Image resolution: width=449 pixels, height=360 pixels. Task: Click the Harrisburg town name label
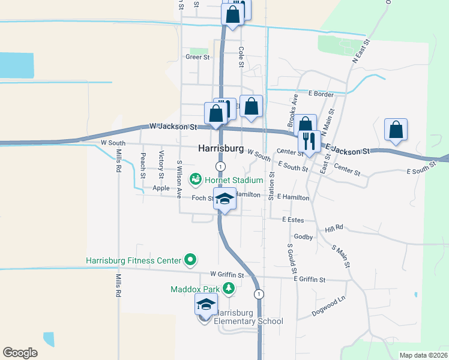(221, 148)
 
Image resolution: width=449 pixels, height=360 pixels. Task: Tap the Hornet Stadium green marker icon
(196, 179)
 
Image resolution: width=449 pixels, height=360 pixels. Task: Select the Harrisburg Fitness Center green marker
(190, 260)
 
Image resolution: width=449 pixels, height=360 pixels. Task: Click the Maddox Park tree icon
(228, 289)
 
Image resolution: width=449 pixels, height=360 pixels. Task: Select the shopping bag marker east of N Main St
(396, 130)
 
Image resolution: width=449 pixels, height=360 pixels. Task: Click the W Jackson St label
(173, 127)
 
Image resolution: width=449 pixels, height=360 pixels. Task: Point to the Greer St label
(197, 57)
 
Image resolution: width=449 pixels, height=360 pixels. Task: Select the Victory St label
(161, 165)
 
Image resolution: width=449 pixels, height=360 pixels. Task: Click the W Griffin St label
(223, 275)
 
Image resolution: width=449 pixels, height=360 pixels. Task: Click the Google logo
(20, 352)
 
